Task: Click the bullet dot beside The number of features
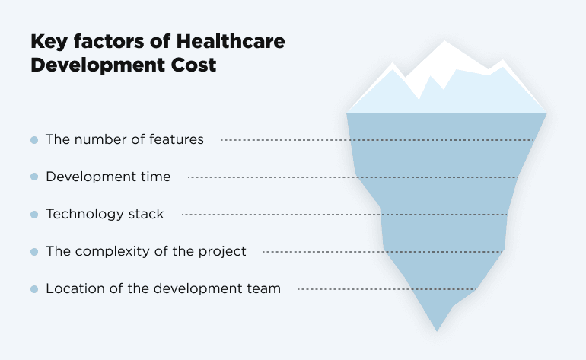coord(34,140)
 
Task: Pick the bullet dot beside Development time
coord(34,177)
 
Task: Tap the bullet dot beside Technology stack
coord(34,215)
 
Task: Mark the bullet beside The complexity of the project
coord(34,252)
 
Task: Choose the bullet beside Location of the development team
coord(34,289)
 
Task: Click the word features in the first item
coord(177,139)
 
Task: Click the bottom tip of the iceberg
coord(437,329)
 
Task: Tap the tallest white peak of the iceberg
coord(446,47)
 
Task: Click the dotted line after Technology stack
coord(342,215)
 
